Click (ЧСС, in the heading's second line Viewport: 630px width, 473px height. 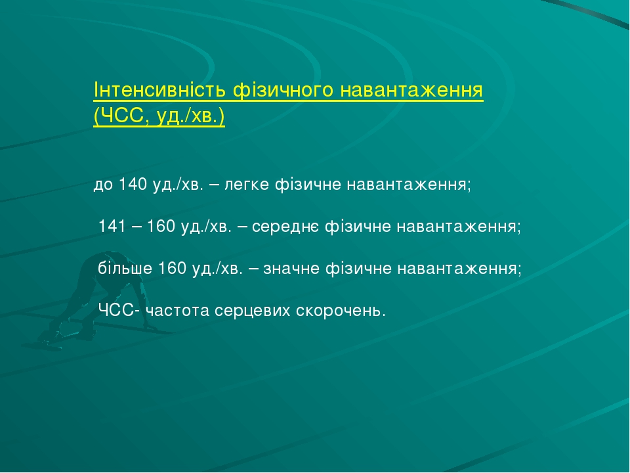click(123, 116)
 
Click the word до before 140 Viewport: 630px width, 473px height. click(104, 185)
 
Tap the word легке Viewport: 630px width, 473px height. click(247, 185)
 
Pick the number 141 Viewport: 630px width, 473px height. click(112, 227)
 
